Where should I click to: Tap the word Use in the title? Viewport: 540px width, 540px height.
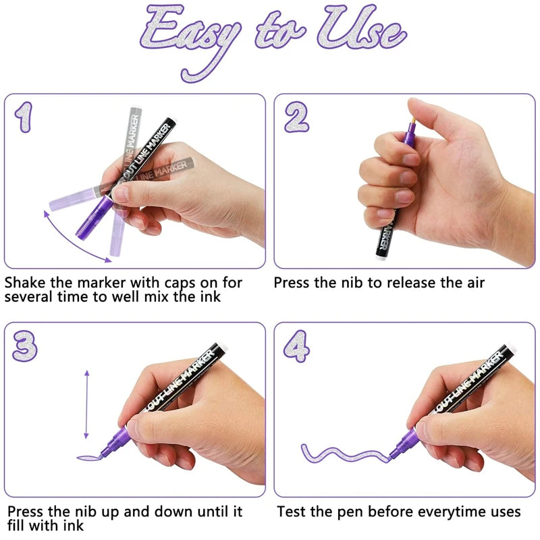(362, 28)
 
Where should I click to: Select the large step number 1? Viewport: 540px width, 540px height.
(24, 117)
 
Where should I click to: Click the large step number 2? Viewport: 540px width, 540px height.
(296, 117)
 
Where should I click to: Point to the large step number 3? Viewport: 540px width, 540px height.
(25, 346)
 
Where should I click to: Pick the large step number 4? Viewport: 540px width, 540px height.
(296, 346)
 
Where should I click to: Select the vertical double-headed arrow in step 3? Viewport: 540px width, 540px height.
(86, 404)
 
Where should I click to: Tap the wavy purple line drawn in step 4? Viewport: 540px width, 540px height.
(344, 454)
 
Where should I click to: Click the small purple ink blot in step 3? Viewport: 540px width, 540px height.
(89, 458)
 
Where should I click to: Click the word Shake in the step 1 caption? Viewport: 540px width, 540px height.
(25, 283)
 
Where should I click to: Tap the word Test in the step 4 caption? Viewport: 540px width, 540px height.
(292, 512)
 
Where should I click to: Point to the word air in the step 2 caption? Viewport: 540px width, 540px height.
(476, 283)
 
